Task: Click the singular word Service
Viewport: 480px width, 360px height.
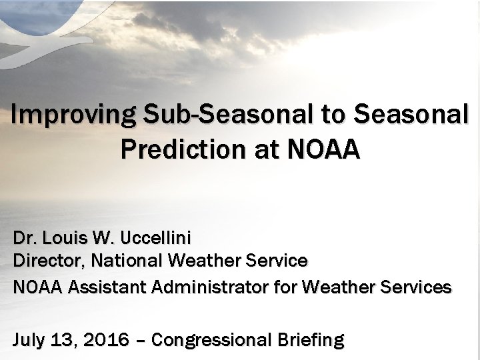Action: coord(277,261)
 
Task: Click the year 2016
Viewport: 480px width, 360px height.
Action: coord(107,340)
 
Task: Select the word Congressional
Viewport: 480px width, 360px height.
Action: coord(209,340)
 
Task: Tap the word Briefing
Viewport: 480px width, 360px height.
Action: coord(307,340)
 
